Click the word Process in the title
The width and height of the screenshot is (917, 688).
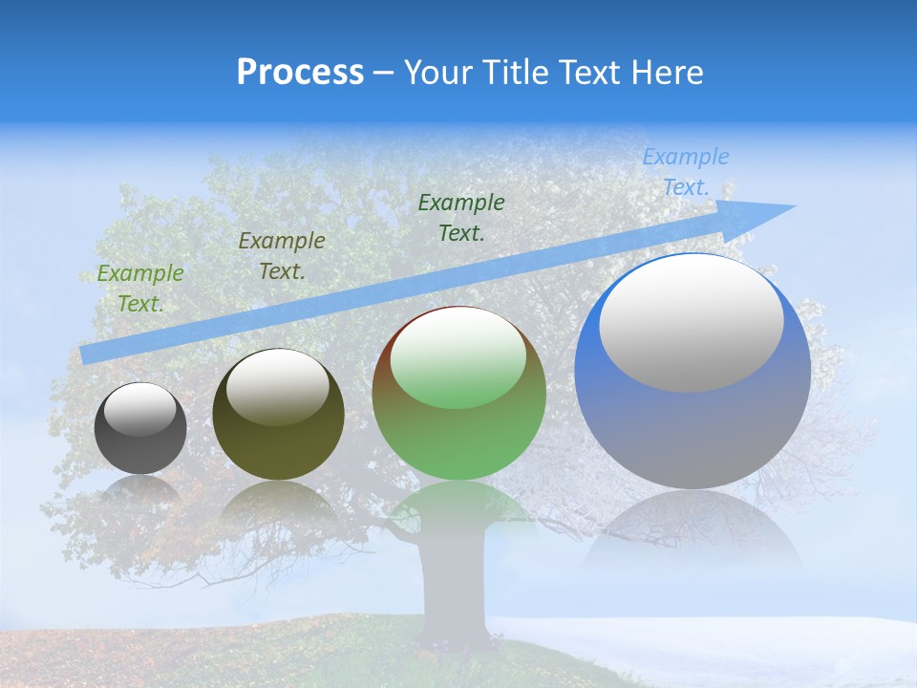click(300, 73)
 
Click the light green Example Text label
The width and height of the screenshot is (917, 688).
click(140, 289)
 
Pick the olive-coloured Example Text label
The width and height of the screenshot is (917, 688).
click(282, 256)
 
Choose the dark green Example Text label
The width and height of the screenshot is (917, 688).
click(461, 218)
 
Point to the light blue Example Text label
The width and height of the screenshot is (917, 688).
click(686, 172)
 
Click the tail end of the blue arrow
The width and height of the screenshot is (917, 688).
click(88, 355)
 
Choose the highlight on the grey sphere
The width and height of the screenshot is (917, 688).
click(140, 410)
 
